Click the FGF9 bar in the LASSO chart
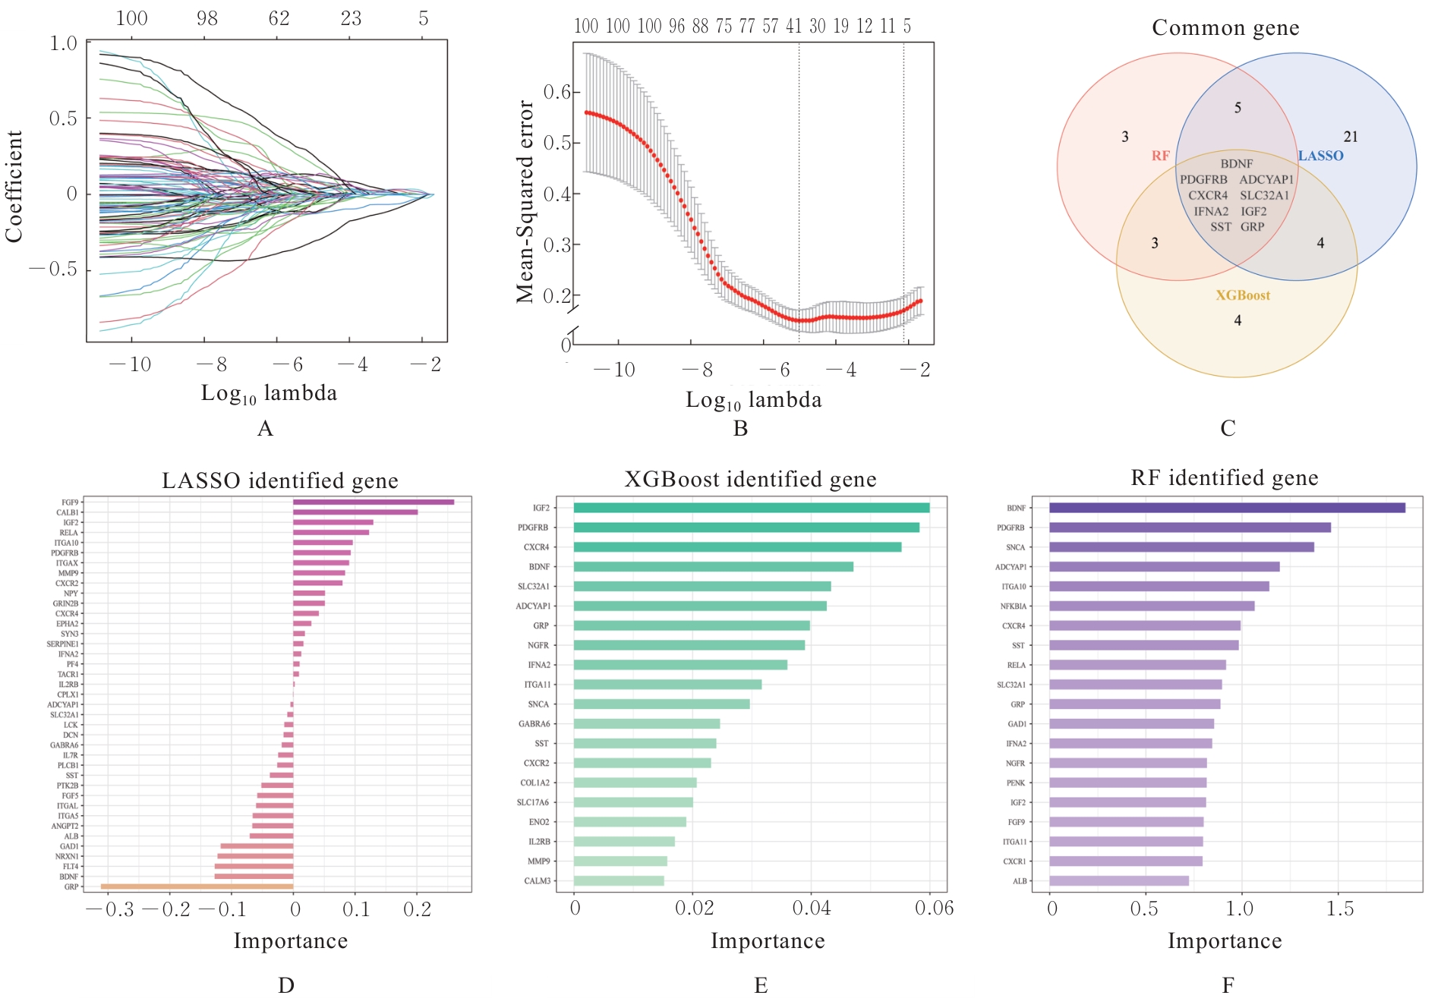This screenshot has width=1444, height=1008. (373, 502)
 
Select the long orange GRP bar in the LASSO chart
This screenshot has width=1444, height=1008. (197, 887)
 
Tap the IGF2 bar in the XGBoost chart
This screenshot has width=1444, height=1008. (751, 508)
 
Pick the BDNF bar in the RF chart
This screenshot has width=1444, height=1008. (1227, 508)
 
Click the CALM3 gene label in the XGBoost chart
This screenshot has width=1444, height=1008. (538, 881)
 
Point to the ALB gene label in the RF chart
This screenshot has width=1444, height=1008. (1020, 881)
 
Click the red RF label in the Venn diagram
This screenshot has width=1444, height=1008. (1160, 156)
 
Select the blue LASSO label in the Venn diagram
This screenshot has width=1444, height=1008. (1320, 156)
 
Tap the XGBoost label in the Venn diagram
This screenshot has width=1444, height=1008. (1243, 295)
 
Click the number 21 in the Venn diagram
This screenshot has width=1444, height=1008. (1351, 137)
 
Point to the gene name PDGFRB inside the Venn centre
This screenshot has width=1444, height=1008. (1203, 180)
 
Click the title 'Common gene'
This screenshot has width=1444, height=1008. (1225, 28)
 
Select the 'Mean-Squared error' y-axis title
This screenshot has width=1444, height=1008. (525, 201)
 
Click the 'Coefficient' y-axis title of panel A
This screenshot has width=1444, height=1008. (14, 186)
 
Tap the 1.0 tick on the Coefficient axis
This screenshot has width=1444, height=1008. (64, 43)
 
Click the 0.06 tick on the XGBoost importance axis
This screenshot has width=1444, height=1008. (934, 909)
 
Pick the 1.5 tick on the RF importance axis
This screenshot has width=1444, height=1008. (1340, 909)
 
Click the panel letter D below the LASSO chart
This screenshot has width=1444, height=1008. (285, 985)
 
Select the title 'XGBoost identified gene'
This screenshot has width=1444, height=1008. (750, 480)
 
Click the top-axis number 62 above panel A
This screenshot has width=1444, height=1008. (279, 18)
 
